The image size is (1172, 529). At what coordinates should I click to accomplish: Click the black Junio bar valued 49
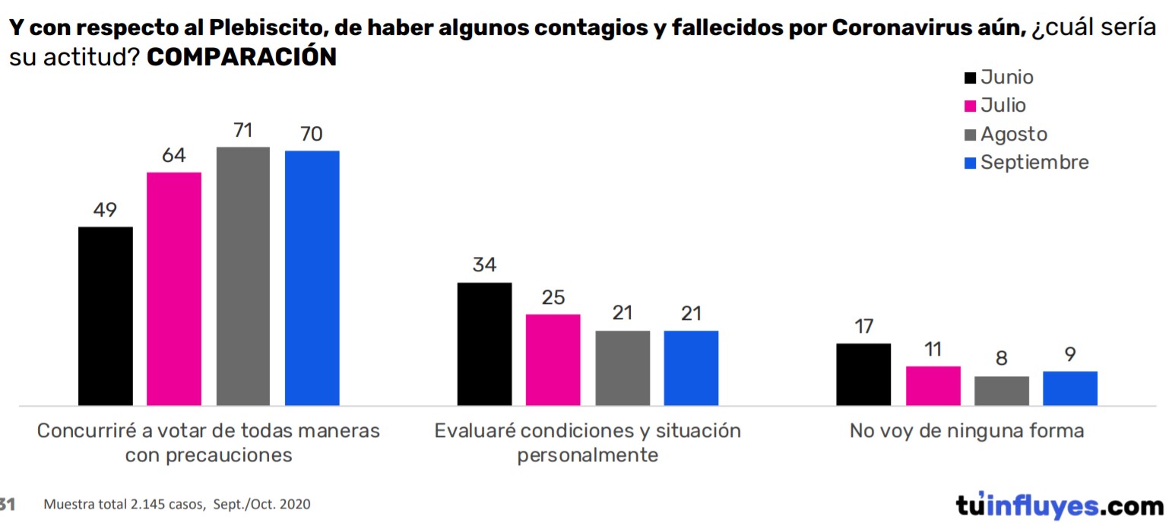click(106, 315)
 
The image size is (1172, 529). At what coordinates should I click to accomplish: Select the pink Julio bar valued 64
click(174, 289)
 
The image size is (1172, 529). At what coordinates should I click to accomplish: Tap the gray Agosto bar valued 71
click(243, 276)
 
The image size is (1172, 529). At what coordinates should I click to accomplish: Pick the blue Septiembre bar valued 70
click(312, 277)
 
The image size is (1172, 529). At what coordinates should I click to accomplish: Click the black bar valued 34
click(484, 344)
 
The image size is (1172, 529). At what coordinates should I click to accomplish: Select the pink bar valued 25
click(553, 360)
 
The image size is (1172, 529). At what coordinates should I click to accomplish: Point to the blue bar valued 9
click(1070, 388)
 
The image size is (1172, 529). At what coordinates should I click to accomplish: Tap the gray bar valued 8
click(1002, 391)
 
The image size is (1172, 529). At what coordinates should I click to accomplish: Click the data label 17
click(863, 327)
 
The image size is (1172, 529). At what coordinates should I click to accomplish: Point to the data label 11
click(933, 350)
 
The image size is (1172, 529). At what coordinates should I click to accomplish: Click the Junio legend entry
click(999, 78)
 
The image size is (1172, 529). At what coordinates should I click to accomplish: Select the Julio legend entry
click(995, 106)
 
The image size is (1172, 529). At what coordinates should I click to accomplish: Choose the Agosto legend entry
click(1006, 135)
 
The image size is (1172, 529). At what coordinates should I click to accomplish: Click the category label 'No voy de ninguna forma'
click(967, 431)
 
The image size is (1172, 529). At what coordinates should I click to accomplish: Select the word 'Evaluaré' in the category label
click(469, 431)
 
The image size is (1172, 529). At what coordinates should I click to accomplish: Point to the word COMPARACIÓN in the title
click(242, 58)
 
